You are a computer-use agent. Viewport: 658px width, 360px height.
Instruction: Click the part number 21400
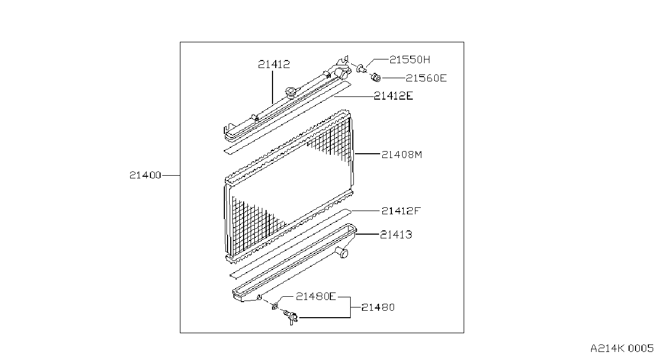[x=145, y=175]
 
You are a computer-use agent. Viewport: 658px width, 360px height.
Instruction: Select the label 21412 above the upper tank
[x=274, y=64]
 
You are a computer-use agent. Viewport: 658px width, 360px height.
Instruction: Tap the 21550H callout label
[x=410, y=59]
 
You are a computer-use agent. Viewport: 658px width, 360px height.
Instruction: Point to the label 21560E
[x=426, y=78]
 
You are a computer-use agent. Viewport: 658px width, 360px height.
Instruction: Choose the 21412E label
[x=393, y=96]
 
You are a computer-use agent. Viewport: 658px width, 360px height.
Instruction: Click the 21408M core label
[x=402, y=155]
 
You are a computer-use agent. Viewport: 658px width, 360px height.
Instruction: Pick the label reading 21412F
[x=401, y=211]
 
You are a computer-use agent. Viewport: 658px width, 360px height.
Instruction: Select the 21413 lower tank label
[x=396, y=235]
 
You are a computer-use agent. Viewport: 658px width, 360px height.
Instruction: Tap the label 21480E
[x=315, y=297]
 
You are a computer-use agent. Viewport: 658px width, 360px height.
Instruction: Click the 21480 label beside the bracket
[x=378, y=307]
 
